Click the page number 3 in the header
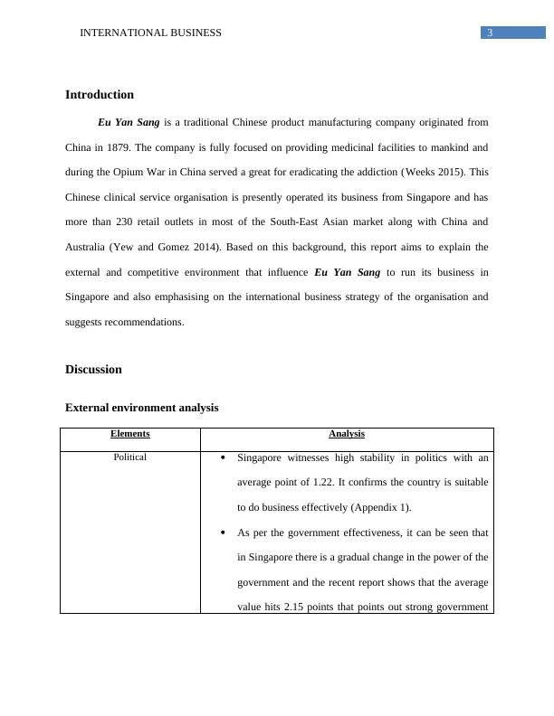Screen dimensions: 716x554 490,33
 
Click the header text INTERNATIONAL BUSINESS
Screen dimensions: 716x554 150,33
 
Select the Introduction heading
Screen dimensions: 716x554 100,95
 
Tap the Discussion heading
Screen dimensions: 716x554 93,370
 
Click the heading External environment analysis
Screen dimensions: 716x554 141,408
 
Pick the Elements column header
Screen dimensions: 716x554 130,434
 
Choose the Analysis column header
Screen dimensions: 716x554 347,434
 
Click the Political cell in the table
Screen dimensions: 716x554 130,457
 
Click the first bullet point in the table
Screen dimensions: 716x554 224,458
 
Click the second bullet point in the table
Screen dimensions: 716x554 224,533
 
